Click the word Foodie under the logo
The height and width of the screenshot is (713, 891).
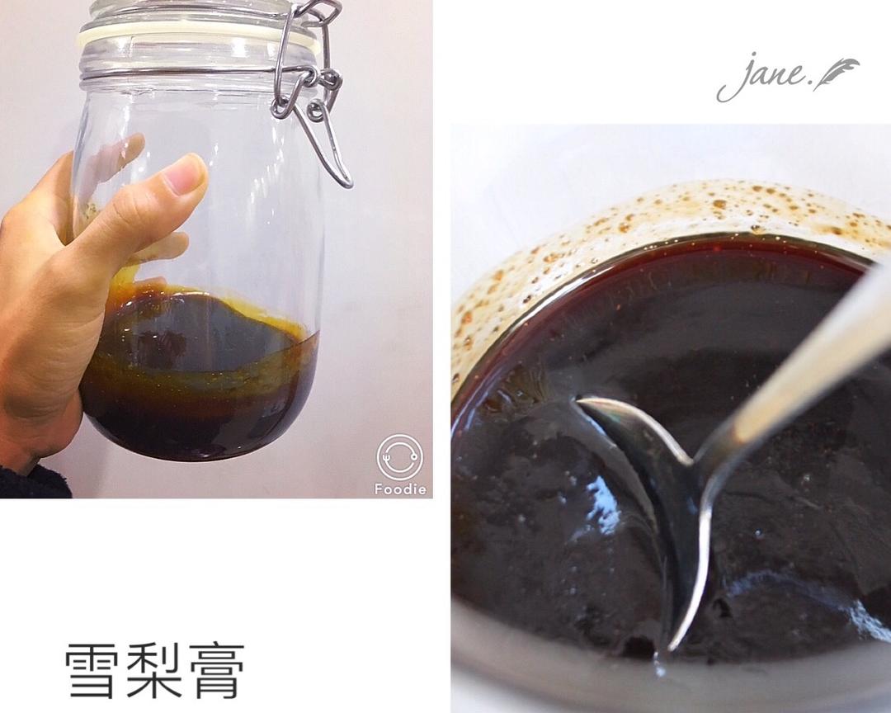(400, 489)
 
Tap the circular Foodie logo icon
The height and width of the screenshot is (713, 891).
(399, 457)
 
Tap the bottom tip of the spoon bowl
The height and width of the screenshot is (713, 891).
(672, 648)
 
